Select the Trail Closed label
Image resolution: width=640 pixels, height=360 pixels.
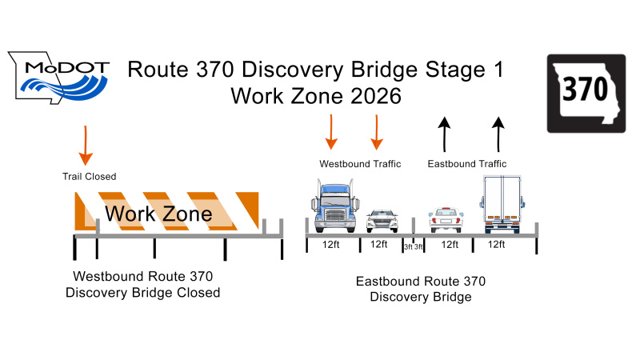(x=89, y=176)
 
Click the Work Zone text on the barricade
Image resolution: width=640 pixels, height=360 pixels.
(x=158, y=214)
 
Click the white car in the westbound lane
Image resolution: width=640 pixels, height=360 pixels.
(x=382, y=219)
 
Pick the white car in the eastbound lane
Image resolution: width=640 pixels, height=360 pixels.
(x=446, y=218)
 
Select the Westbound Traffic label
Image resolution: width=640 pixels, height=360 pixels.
(x=360, y=164)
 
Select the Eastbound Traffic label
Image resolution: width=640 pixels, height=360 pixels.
(x=467, y=164)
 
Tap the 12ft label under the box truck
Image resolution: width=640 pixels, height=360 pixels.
(x=496, y=245)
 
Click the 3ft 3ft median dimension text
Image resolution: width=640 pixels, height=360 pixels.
(x=413, y=246)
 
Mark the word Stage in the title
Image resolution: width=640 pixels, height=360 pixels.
(x=446, y=69)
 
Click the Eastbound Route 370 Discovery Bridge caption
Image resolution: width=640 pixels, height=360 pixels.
(x=420, y=289)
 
